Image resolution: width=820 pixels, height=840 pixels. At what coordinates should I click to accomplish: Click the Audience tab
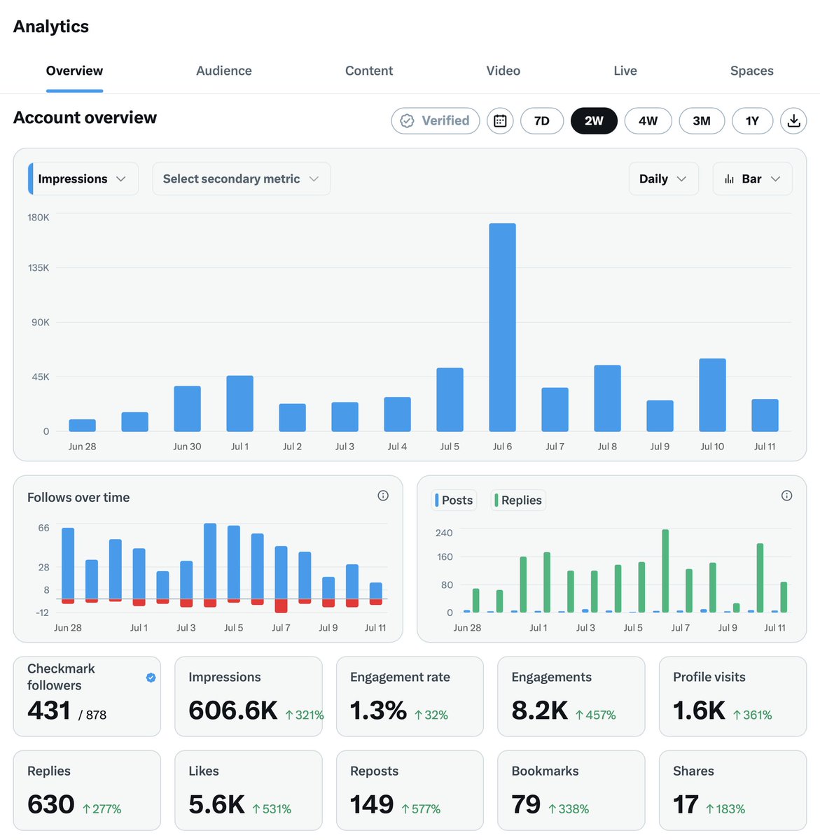click(223, 71)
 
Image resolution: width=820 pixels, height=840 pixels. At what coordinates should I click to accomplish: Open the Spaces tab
click(751, 71)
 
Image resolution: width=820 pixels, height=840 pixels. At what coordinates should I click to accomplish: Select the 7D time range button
click(541, 121)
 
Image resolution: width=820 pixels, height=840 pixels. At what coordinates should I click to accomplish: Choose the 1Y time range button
click(752, 121)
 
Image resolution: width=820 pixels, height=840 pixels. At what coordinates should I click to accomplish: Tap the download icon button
click(793, 121)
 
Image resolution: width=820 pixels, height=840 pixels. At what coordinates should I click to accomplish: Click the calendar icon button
click(500, 121)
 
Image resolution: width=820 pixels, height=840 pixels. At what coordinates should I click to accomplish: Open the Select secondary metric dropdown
click(242, 178)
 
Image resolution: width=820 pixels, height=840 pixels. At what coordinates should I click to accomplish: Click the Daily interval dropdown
click(663, 178)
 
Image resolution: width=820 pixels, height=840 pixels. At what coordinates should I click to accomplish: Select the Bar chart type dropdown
click(752, 178)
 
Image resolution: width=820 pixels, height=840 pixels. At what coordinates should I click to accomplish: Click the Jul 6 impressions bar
click(502, 327)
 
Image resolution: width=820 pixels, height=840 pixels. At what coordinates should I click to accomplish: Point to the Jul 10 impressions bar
click(712, 395)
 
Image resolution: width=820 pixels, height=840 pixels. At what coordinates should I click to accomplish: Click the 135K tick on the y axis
click(39, 267)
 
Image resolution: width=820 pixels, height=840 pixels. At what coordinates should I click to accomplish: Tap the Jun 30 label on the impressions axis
click(187, 447)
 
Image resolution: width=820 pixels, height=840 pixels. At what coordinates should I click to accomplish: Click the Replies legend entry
click(518, 500)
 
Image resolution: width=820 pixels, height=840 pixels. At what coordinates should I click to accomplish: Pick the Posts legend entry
click(454, 500)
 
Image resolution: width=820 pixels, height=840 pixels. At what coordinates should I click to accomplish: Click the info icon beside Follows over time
click(382, 496)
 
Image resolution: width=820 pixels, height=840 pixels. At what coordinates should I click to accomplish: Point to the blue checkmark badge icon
click(151, 678)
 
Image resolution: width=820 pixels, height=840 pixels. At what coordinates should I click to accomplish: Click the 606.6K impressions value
click(232, 710)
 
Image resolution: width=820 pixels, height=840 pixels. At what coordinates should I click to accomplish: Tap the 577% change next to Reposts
click(421, 808)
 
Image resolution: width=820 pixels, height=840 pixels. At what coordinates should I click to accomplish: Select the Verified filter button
click(436, 121)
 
